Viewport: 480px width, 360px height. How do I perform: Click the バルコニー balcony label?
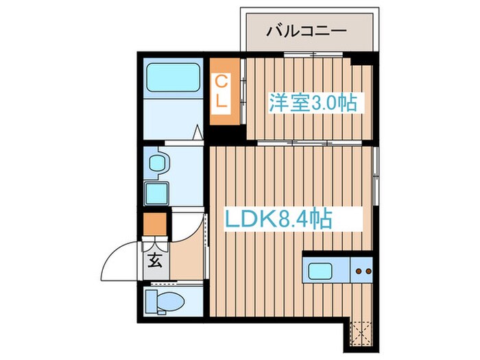pos(307,30)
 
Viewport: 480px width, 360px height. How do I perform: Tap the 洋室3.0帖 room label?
pos(312,104)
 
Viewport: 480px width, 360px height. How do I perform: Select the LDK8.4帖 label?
pos(280,220)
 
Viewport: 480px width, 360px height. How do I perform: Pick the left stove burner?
pos(358,272)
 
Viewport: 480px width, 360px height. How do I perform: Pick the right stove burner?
pos(368,272)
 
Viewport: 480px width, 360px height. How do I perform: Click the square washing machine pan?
pos(158,193)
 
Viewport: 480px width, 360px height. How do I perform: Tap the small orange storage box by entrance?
pos(154,224)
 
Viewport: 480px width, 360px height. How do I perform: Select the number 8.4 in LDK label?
pos(287,220)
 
